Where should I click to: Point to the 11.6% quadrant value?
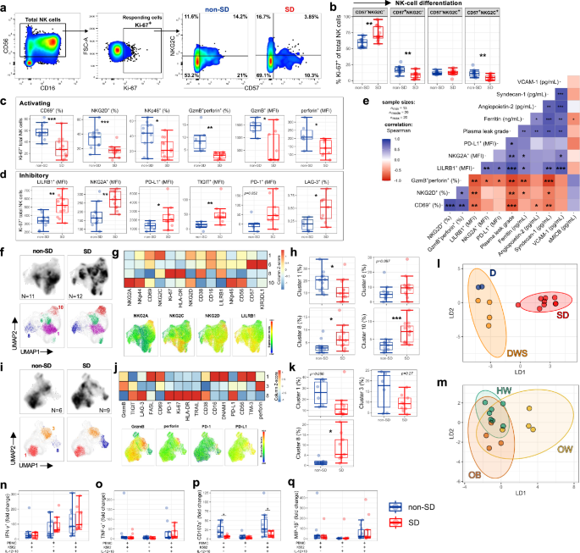[x=191, y=16]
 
